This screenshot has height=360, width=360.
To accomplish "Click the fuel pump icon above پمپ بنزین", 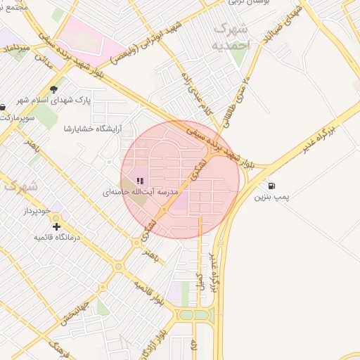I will coord(271,186).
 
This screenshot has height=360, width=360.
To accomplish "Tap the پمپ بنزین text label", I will coord(291,198).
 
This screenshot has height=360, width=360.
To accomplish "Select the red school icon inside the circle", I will coord(138,181).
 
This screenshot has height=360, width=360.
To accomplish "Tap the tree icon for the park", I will coord(54,89).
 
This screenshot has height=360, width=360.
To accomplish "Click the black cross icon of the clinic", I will coord(56,226).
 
